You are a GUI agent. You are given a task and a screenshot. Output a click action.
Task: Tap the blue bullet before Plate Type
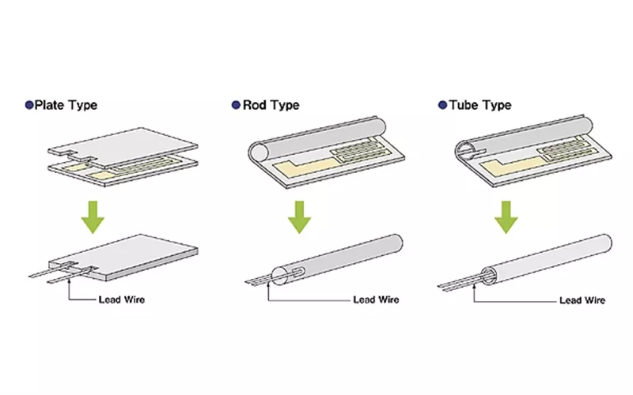click(x=29, y=104)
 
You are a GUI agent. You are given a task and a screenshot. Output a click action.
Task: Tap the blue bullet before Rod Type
click(x=235, y=104)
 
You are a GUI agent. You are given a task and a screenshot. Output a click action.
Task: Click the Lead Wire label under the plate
click(x=119, y=299)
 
